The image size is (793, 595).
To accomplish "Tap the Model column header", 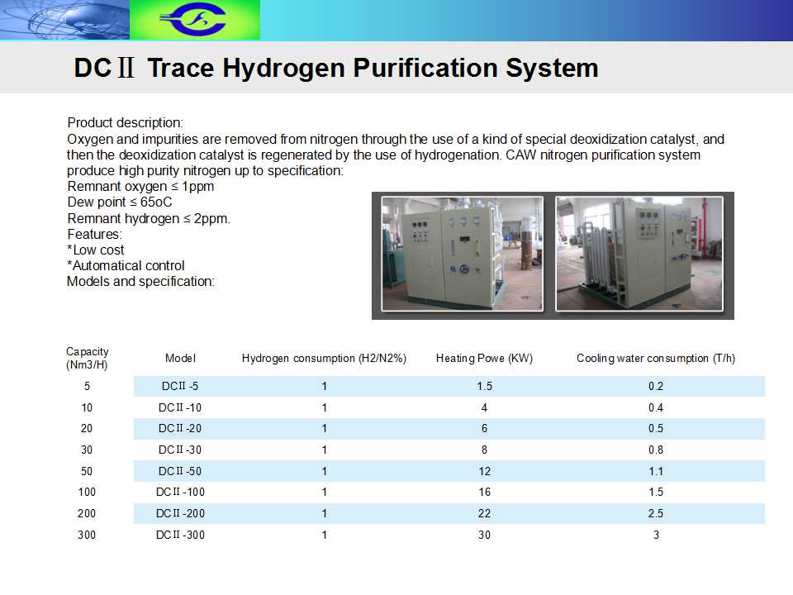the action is click(180, 358).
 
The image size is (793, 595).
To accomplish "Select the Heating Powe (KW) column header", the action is click(484, 358).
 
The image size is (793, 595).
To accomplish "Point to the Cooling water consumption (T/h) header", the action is click(655, 358).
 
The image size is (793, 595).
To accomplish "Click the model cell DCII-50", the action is click(180, 471).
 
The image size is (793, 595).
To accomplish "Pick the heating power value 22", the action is click(484, 513).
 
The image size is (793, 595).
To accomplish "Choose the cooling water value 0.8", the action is click(655, 450).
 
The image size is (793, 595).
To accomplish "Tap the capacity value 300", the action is click(87, 535).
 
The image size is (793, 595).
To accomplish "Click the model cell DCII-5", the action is click(180, 386).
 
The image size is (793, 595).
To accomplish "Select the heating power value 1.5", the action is click(484, 386).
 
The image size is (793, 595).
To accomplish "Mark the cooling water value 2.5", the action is click(655, 513).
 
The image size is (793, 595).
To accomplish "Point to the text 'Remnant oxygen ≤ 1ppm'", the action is click(140, 187).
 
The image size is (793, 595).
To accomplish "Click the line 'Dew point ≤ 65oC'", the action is click(120, 202).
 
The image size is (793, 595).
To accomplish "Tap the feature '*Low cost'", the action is click(96, 250).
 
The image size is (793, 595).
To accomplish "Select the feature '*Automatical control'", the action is click(126, 265).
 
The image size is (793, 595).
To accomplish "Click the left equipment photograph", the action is click(462, 254).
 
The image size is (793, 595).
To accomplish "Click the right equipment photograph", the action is click(639, 254).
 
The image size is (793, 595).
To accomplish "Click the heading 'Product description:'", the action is click(126, 123).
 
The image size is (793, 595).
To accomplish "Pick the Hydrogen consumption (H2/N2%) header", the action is click(324, 358).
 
